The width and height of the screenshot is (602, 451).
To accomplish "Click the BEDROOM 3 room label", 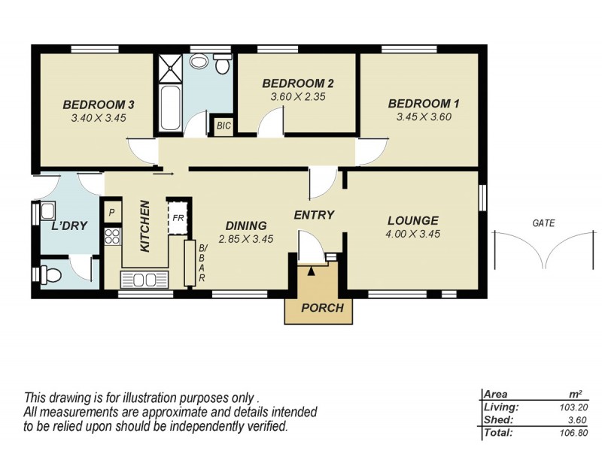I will (x=98, y=104).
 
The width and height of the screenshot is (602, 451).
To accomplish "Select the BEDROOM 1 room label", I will (x=424, y=104).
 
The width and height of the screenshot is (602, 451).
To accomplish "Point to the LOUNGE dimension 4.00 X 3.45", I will (x=413, y=234).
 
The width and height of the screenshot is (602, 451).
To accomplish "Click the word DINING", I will (x=246, y=225).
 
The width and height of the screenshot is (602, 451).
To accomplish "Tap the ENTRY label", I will (x=314, y=215).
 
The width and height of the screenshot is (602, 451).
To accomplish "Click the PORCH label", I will (x=322, y=308).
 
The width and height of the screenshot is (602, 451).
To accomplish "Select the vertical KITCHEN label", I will (x=146, y=225).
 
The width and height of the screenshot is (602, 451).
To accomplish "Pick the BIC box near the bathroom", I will (x=223, y=126).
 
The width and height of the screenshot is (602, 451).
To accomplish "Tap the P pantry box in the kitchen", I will (x=112, y=213).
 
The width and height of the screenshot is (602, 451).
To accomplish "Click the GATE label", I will (x=543, y=223).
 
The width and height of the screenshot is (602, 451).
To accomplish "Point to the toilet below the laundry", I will (x=50, y=274).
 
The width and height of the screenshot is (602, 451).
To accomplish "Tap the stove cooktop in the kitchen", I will (x=113, y=237).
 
